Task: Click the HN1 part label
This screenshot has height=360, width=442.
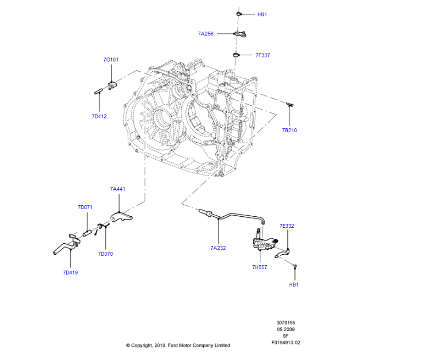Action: click(262, 15)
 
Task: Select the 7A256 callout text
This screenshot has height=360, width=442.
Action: click(206, 34)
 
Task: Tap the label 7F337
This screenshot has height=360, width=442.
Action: click(263, 55)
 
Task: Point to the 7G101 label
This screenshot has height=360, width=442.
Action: click(111, 60)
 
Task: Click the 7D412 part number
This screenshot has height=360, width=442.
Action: click(99, 116)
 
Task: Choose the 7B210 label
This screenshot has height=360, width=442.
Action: click(290, 130)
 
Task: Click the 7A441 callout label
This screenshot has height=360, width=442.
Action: click(118, 189)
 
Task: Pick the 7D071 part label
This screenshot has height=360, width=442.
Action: click(85, 207)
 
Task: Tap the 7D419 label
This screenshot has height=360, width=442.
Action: click(70, 272)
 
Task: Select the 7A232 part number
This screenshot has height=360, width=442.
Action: click(218, 248)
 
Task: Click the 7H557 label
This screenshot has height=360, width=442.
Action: click(259, 267)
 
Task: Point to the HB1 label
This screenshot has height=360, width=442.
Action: click(294, 285)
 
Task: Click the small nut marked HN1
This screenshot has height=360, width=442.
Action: click(239, 14)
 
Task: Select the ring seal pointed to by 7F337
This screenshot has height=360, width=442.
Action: click(236, 54)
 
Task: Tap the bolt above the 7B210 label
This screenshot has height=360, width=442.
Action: click(290, 105)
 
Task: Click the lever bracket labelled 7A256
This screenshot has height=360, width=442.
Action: click(240, 34)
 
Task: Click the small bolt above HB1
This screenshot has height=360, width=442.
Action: click(295, 266)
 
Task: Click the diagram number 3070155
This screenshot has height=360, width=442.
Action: click(286, 322)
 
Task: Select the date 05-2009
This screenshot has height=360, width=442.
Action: click(286, 329)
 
